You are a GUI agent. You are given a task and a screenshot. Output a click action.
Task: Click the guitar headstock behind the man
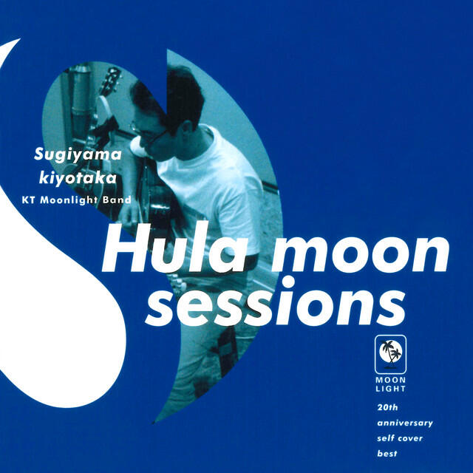coord(111,77)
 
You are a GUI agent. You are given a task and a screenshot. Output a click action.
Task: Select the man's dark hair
coord(174,92)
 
